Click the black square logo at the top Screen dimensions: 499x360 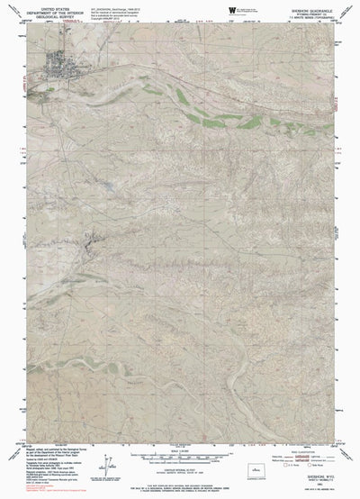pos(232,10)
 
